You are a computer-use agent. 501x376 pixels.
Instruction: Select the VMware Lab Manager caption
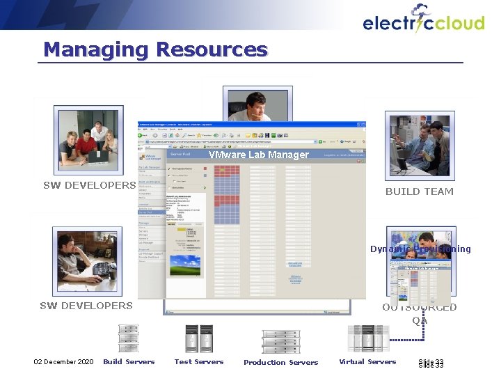coord(258,155)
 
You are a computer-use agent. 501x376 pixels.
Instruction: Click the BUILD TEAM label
coord(419,191)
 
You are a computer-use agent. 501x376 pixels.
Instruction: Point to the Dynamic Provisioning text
coord(420,249)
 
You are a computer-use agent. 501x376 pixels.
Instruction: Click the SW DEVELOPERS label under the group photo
coord(89,185)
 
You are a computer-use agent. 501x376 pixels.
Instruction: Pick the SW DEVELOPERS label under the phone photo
coord(86,306)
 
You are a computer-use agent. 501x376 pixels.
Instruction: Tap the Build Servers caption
coord(129,361)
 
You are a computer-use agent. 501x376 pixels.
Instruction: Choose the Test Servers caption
coord(199,361)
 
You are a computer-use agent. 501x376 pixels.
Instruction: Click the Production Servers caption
coord(280,362)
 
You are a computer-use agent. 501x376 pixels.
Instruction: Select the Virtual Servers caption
coord(367,361)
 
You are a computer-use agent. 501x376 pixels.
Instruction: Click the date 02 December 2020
coord(64,361)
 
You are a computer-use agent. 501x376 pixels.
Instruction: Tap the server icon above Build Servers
coord(129,339)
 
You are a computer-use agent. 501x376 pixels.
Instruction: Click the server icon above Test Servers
coord(199,339)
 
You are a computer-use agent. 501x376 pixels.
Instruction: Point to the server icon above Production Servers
coord(281,341)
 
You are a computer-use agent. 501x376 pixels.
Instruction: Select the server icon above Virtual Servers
coord(367,338)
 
